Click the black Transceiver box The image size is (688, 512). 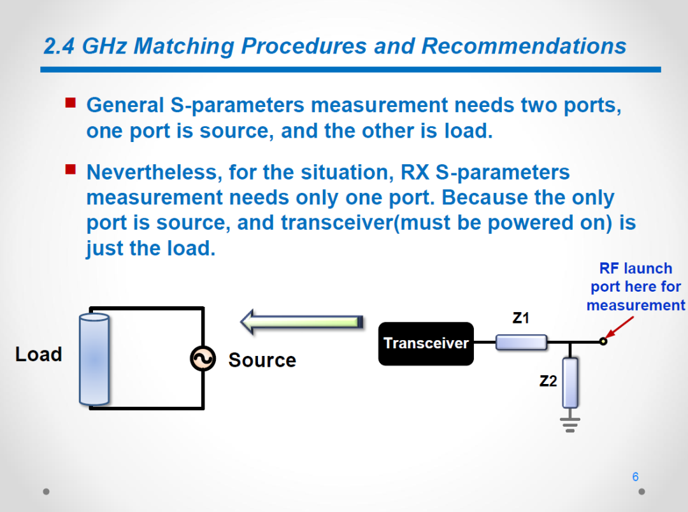426,343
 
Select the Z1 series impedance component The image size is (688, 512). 521,342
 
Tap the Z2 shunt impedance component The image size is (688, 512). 570,383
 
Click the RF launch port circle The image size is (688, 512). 603,341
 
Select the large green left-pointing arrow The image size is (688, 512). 302,322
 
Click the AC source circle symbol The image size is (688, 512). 203,359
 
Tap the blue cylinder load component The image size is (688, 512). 94,359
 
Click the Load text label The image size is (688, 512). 39,354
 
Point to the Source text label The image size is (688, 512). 262,360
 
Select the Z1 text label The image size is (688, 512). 521,318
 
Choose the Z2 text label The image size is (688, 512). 548,381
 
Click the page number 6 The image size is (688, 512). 635,477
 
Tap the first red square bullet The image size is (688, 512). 70,103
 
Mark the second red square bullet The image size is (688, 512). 70,169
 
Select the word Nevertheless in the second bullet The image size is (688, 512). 152,173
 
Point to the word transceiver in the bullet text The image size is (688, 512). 338,223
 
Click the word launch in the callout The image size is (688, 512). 648,268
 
